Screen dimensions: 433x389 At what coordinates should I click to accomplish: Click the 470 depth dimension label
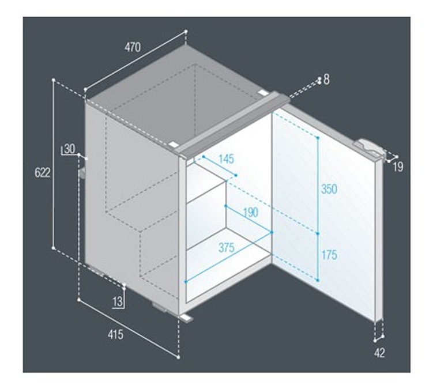point(133,47)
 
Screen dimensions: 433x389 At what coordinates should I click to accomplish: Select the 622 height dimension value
point(43,172)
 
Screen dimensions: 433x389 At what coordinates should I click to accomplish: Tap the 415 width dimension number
point(115,335)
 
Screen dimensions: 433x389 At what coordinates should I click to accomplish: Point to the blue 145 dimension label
point(226,159)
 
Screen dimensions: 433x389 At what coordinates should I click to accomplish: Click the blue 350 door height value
point(329,189)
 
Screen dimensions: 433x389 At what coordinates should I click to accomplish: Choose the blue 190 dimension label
point(250,212)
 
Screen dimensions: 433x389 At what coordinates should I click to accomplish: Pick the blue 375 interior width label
point(227,248)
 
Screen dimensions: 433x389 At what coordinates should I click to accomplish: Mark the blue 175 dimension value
point(329,255)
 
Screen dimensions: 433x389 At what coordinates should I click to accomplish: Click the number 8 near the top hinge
point(326,80)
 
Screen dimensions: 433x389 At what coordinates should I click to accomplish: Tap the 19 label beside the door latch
point(398,167)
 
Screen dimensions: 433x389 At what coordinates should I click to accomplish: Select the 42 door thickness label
point(380,353)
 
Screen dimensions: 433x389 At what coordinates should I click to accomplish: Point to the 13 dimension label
point(118,301)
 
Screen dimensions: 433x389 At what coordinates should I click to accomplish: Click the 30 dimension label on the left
point(69,149)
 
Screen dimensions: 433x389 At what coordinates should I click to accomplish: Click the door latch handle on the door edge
point(369,148)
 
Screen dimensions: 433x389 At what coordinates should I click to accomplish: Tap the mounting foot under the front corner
point(186,317)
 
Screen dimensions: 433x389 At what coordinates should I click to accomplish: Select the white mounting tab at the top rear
point(263,92)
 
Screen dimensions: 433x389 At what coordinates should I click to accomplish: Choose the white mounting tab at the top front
point(172,145)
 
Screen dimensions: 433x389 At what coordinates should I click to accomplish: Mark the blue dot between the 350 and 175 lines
point(318,233)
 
